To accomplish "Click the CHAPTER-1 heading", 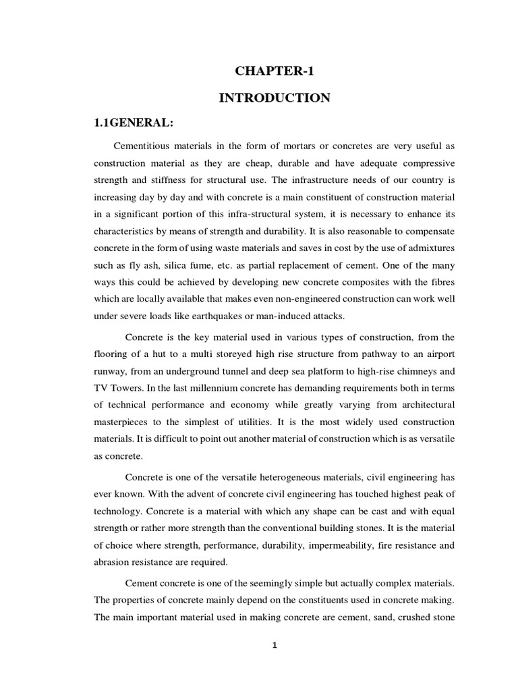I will pos(275,71).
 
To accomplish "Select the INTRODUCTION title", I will pos(275,99).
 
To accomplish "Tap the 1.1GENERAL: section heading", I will pos(132,124).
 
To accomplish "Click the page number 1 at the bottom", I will pos(275,645).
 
